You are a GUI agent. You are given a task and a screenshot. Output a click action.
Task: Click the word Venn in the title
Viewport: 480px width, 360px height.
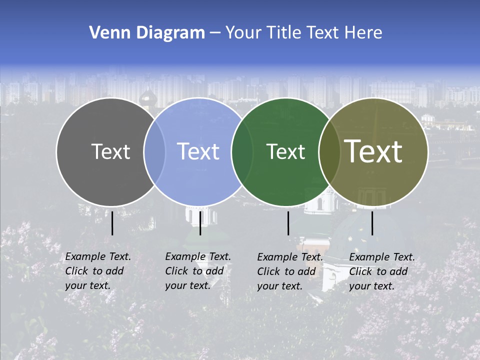[x=106, y=33]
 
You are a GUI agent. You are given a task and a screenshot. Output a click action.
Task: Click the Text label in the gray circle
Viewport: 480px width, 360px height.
[x=110, y=151]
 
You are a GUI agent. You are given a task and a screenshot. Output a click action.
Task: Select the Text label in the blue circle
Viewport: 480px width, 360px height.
[x=198, y=151]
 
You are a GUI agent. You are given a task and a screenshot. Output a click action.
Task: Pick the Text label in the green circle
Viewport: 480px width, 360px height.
[x=285, y=151]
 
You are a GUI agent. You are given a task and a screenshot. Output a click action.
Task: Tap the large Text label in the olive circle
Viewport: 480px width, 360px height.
[x=373, y=151]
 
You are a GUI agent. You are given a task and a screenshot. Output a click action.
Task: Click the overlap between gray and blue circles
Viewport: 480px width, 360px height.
[x=154, y=152]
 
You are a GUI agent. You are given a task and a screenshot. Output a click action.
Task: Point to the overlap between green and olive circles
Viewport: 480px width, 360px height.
[x=329, y=152]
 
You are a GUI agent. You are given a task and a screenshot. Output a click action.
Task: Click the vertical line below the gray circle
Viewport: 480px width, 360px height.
[x=112, y=223]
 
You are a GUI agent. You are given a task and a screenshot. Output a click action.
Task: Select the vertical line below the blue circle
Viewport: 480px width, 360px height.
[x=200, y=223]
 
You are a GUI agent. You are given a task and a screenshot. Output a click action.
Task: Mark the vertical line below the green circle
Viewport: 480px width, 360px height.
[x=288, y=223]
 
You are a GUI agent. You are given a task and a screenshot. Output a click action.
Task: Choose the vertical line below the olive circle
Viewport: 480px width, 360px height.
[x=372, y=223]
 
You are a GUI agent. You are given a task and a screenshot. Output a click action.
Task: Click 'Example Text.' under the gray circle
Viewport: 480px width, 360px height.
[x=98, y=256]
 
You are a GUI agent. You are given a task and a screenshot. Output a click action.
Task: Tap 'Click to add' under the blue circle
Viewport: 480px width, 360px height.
[x=194, y=271]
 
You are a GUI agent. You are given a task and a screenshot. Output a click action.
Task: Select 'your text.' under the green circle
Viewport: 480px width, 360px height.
[x=280, y=286]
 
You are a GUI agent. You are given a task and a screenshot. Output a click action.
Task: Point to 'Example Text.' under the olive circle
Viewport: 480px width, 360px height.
[x=382, y=257]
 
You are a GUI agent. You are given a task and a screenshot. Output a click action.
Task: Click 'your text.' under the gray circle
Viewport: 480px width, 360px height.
[x=88, y=285]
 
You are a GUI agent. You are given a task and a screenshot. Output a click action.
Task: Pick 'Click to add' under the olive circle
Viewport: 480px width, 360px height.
[x=378, y=271]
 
